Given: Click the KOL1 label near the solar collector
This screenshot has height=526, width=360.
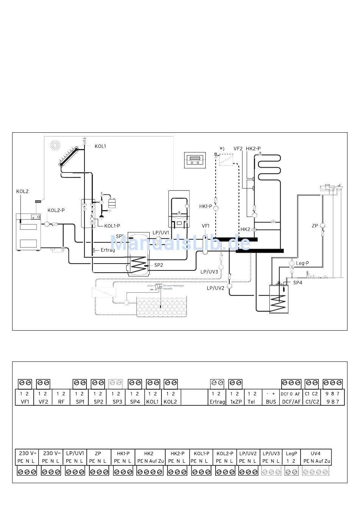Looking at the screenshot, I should click(100, 146).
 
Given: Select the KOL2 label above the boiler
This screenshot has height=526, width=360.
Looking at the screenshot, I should click(22, 192).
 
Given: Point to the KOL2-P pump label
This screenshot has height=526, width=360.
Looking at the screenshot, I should click(56, 210).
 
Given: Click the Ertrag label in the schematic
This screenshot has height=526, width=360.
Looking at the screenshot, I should click(108, 250).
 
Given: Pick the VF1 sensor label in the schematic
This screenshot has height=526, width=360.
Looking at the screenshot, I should click(205, 226).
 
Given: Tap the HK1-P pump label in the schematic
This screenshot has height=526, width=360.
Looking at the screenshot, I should click(206, 206).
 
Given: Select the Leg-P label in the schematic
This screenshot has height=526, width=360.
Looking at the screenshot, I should click(302, 263).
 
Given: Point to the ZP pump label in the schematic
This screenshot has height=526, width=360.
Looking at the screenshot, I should click(315, 226).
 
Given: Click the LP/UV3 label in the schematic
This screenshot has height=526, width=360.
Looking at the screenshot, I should click(209, 272).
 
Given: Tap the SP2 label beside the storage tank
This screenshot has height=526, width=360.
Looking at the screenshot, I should click(158, 265).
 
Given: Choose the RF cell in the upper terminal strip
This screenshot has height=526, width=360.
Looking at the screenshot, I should click(61, 402).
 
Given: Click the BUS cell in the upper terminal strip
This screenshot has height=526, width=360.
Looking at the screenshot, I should click(271, 402).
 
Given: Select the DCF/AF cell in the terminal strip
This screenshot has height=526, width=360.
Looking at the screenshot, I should click(291, 402).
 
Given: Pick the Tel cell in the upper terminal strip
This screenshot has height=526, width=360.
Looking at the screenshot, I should click(251, 402).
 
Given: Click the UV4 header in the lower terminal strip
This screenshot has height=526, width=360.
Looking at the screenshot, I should click(316, 453).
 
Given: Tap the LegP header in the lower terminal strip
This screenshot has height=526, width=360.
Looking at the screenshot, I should click(291, 453).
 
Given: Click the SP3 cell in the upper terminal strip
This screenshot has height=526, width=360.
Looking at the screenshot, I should click(117, 402).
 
